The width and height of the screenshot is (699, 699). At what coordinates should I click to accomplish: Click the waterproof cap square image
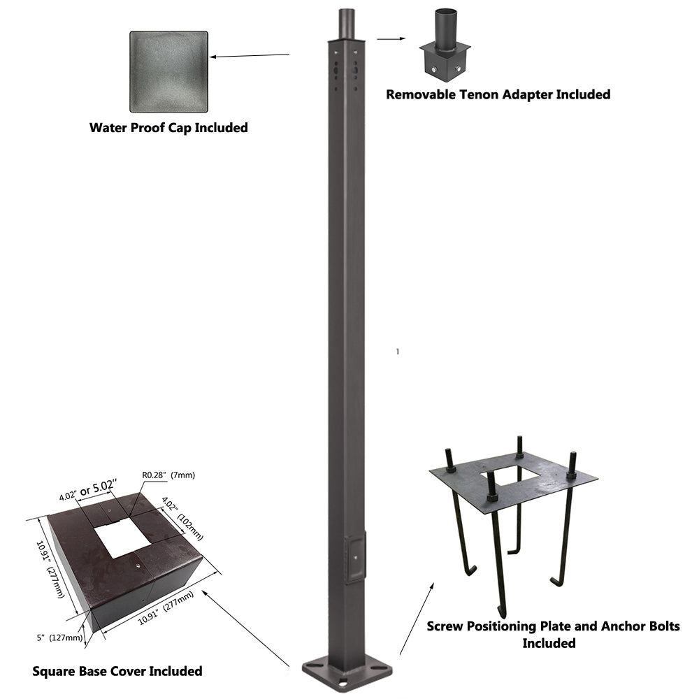169,71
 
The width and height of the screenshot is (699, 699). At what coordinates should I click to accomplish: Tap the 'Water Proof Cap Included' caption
168,128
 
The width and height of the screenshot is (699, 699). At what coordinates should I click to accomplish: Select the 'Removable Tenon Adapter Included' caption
498,94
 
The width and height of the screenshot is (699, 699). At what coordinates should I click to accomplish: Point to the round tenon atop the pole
347,24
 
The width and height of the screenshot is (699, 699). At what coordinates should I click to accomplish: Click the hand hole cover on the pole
355,557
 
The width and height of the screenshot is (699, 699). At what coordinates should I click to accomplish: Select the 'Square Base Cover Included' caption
117,671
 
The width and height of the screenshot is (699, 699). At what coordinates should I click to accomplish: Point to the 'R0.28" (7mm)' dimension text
168,475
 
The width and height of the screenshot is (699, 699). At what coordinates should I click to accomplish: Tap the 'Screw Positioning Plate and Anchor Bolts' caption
553,626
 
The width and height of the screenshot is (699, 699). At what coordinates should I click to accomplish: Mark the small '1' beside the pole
398,352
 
